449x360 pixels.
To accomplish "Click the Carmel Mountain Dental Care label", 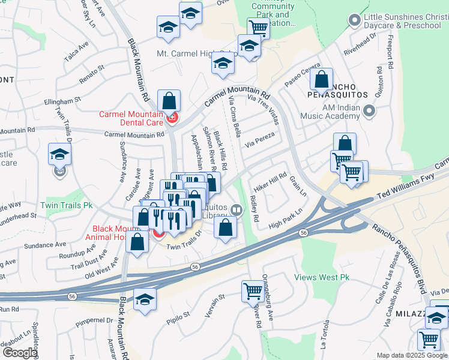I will pyautogui.click(x=131, y=118).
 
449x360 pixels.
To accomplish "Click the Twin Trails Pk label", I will pyautogui.click(x=67, y=205).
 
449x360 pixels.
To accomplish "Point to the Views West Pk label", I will pyautogui.click(x=322, y=278).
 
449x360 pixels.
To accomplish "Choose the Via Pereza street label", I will pyautogui.click(x=260, y=139).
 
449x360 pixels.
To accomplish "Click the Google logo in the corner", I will pyautogui.click(x=20, y=353).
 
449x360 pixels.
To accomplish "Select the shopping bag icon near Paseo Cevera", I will pyautogui.click(x=322, y=80).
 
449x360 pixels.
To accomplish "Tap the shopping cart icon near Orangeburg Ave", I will pyautogui.click(x=253, y=292).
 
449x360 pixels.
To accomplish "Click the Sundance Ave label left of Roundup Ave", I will pyautogui.click(x=44, y=245).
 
